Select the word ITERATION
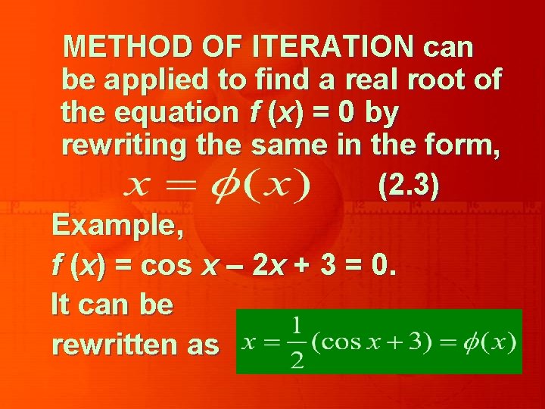pyautogui.click(x=334, y=47)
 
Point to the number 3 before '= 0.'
pyautogui.click(x=330, y=266)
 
